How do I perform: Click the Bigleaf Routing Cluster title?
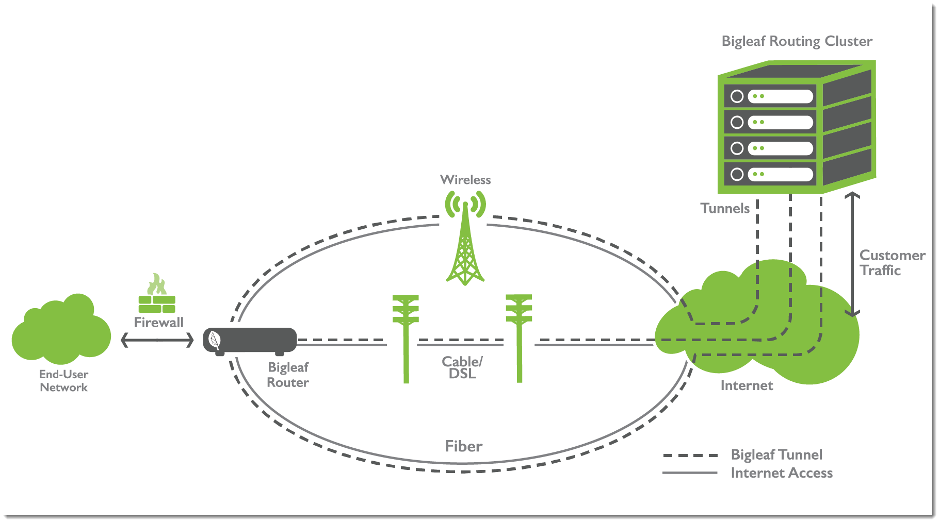click(797, 41)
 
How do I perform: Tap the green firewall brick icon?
click(157, 303)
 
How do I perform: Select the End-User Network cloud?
click(61, 330)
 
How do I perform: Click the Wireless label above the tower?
click(465, 180)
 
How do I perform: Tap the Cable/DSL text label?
click(462, 367)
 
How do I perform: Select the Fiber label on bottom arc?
click(463, 446)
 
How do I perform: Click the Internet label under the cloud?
click(747, 385)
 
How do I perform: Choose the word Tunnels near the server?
click(725, 208)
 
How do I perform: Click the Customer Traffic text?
click(892, 263)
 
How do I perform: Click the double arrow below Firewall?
click(157, 340)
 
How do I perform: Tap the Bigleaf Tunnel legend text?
click(776, 454)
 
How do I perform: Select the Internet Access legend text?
click(782, 473)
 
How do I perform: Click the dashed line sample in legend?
click(690, 455)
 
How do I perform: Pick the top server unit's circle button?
click(737, 96)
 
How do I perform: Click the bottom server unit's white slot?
click(781, 174)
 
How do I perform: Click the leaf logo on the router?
click(214, 340)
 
